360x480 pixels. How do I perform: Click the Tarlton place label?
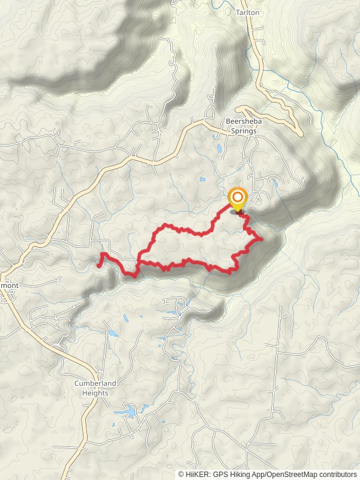point(247,12)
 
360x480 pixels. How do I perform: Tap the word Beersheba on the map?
point(241,121)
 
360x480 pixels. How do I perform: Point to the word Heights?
point(95,393)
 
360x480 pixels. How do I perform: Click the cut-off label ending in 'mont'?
point(10,286)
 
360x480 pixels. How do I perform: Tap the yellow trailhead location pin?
point(238,200)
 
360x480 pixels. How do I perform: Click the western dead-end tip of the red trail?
point(98,263)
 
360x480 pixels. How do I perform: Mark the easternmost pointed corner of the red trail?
point(262,239)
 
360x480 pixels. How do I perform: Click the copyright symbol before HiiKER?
point(181,475)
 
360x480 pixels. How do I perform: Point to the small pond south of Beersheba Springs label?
point(219,147)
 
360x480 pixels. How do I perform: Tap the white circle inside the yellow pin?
point(238,197)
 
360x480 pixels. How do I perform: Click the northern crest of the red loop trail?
point(168,226)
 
